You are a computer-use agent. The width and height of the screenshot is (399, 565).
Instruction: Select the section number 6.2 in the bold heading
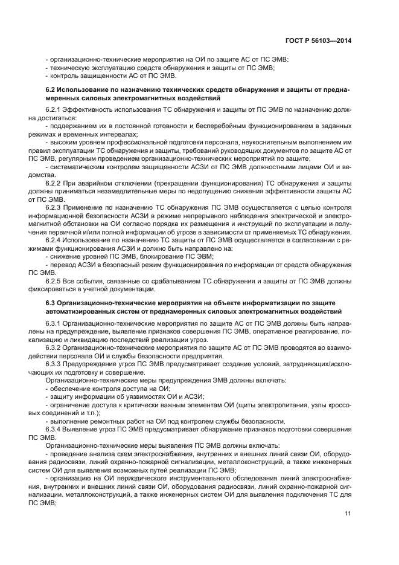pyautogui.click(x=51, y=89)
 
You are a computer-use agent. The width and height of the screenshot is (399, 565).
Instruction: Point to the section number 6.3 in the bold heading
pyautogui.click(x=51, y=302)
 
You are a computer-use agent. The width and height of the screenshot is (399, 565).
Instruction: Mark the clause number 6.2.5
pyautogui.click(x=54, y=281)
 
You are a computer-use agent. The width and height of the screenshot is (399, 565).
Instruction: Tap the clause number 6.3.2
pyautogui.click(x=54, y=348)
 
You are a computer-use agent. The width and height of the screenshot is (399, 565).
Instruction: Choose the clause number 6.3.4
pyautogui.click(x=54, y=428)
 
